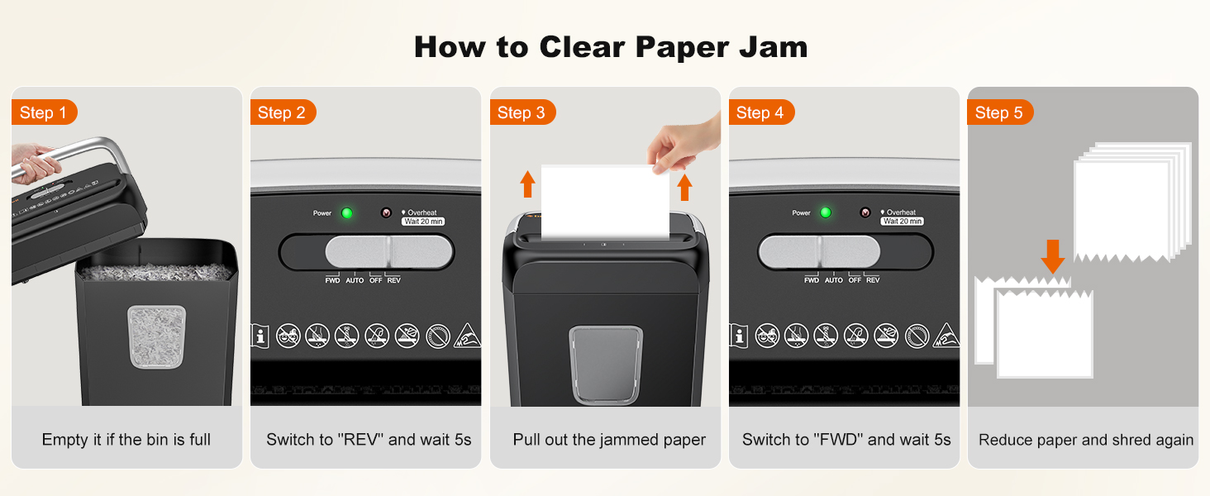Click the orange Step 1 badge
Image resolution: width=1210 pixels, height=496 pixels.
coord(44,112)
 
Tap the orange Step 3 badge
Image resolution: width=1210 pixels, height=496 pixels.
coord(522,112)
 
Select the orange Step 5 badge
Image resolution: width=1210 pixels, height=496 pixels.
coord(999,112)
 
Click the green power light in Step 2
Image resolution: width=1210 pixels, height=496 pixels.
coord(347,213)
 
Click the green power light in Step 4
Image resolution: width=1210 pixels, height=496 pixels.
coord(825,213)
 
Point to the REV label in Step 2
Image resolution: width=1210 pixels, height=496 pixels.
coord(393,280)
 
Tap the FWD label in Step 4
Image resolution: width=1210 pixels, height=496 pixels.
coord(812,280)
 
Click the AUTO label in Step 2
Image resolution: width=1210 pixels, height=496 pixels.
coord(355,280)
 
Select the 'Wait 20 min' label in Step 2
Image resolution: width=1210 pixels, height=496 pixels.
coord(423,222)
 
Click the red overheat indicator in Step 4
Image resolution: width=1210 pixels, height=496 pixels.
coord(865,212)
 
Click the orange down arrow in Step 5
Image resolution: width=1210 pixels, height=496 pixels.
coord(1052,255)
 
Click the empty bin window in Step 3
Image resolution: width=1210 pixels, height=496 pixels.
coord(606,364)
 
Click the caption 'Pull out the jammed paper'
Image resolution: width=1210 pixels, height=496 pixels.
coord(609,440)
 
